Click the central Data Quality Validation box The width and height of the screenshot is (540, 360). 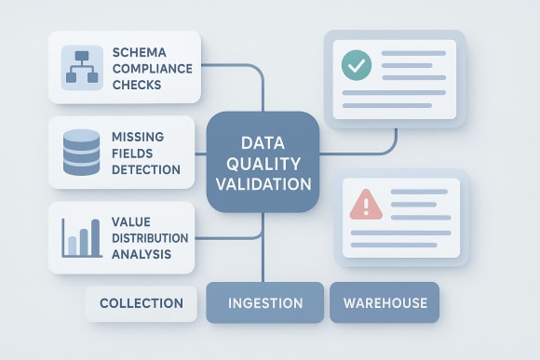[263, 164]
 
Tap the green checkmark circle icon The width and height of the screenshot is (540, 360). [356, 65]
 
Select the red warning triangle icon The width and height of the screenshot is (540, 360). [365, 202]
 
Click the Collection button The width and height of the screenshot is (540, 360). [141, 303]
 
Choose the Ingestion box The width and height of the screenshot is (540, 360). [265, 303]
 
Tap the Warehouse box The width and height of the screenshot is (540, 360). [385, 303]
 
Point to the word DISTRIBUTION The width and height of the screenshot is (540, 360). [148, 237]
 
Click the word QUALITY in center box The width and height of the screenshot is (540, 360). [263, 164]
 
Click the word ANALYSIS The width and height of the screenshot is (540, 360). [140, 253]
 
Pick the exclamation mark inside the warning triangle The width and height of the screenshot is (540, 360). [365, 204]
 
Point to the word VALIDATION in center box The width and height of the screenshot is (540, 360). [263, 184]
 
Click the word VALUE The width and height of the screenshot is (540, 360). [130, 221]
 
